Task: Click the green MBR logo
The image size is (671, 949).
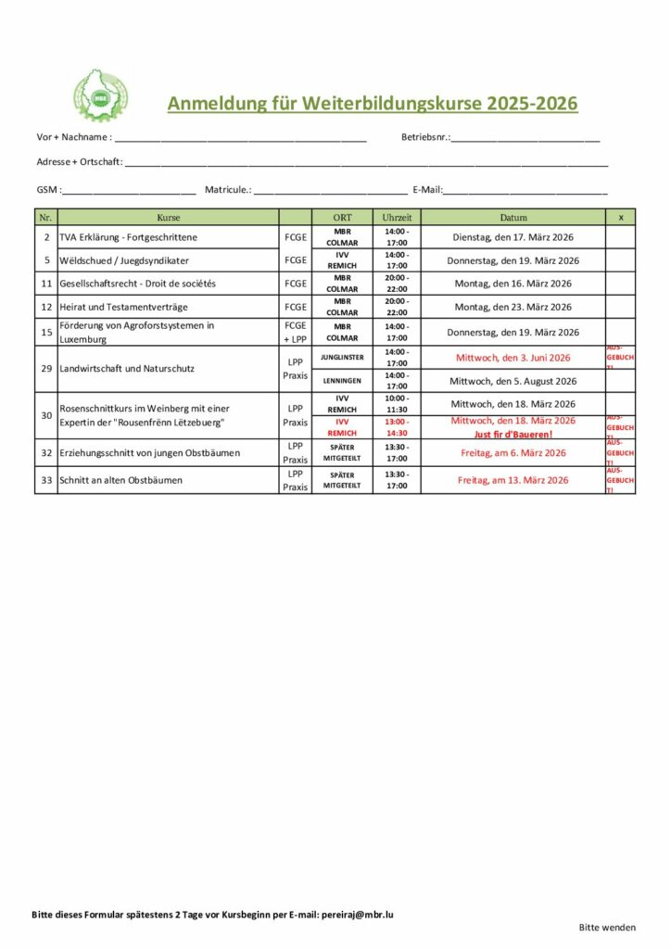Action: coord(101,95)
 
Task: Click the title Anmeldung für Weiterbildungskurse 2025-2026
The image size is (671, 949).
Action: coord(372,103)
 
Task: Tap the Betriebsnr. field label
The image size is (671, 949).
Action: coord(425,137)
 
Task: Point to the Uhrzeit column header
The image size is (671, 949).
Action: coord(397,217)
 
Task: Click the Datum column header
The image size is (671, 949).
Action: coord(513,217)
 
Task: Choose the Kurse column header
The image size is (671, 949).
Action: coord(168,217)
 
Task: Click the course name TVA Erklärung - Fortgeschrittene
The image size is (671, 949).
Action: coord(128,237)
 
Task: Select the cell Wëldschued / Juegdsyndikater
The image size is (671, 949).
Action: coord(124,260)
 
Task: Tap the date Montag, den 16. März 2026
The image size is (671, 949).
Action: coord(513,284)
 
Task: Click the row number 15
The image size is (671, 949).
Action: coord(45,332)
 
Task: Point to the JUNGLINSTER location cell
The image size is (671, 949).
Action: coord(342,357)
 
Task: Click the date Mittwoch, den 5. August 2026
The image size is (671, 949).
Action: coord(513,381)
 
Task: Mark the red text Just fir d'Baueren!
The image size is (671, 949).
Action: coord(513,434)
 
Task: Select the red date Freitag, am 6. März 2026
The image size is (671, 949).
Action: coord(513,453)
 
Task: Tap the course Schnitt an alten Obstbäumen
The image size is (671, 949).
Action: coord(120,480)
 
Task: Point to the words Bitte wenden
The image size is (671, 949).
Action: coord(607,927)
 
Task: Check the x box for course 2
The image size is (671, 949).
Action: coord(620,237)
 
